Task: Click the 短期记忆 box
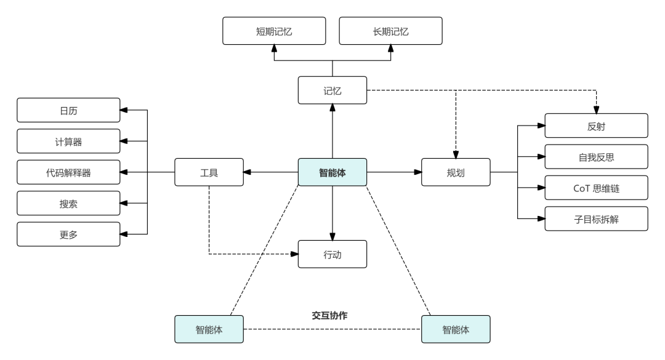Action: click(274, 31)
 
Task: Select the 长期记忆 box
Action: click(390, 31)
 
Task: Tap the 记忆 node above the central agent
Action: click(332, 90)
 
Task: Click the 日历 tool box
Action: click(68, 111)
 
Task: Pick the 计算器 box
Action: click(68, 142)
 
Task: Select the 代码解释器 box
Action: click(68, 173)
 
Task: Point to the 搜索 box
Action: click(68, 204)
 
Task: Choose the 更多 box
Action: click(68, 234)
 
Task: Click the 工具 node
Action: click(209, 172)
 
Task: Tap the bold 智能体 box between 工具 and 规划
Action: click(332, 172)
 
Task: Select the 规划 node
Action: click(456, 172)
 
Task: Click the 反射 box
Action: click(596, 126)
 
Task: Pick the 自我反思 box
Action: click(596, 157)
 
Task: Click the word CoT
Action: click(582, 188)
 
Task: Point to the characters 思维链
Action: click(607, 188)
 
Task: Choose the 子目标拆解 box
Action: click(596, 219)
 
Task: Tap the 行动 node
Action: click(332, 254)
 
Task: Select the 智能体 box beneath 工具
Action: click(209, 329)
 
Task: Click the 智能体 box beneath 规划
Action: click(456, 329)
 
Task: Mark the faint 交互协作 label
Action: click(329, 316)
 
